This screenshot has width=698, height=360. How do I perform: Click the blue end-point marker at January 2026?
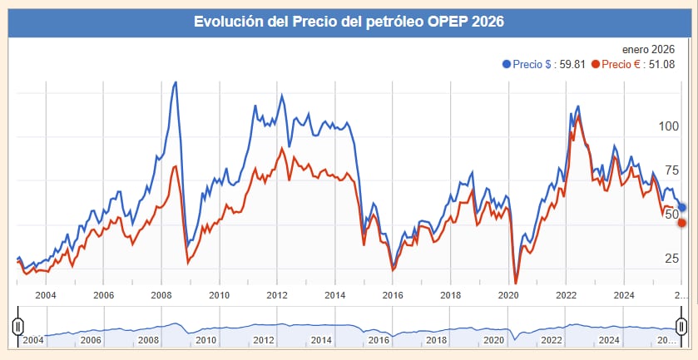tap(682, 207)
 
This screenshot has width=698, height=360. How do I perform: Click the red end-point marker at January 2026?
tap(682, 223)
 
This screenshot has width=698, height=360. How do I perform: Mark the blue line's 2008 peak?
tap(175, 82)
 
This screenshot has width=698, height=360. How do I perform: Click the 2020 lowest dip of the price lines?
tap(516, 282)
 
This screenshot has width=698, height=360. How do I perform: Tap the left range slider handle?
tap(17, 325)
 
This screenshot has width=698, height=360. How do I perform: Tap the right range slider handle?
tap(681, 325)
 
